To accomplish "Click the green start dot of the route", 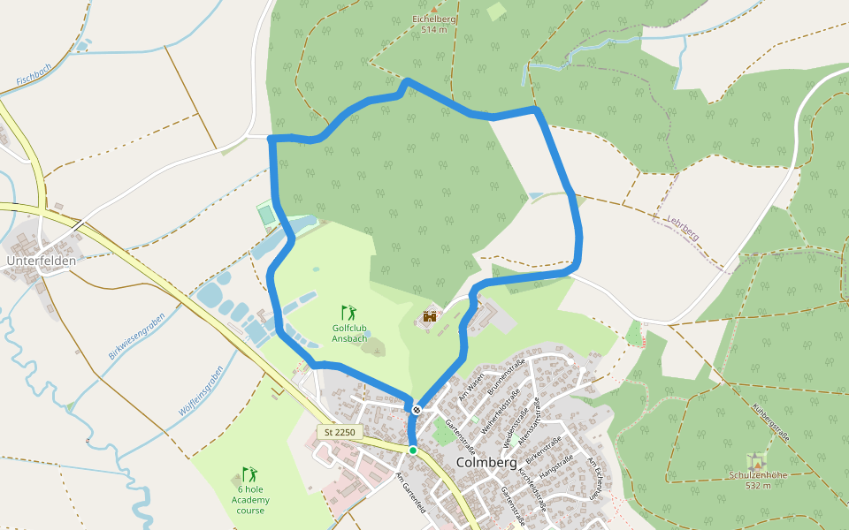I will [x=412, y=450].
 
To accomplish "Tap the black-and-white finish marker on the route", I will [x=416, y=409].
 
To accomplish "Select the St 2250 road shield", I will [x=340, y=432].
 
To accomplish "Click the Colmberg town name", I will [x=486, y=462].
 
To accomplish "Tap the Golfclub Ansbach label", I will [x=349, y=333].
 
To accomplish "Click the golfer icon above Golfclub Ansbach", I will [x=349, y=312].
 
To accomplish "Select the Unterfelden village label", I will [x=42, y=261].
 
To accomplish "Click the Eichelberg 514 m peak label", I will [x=434, y=24].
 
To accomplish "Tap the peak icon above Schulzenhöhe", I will [x=755, y=461].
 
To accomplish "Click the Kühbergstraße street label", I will [x=771, y=421].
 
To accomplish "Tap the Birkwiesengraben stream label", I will [x=137, y=337].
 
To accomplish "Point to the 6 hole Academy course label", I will [x=250, y=500].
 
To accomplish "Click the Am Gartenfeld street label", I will [x=412, y=493].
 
